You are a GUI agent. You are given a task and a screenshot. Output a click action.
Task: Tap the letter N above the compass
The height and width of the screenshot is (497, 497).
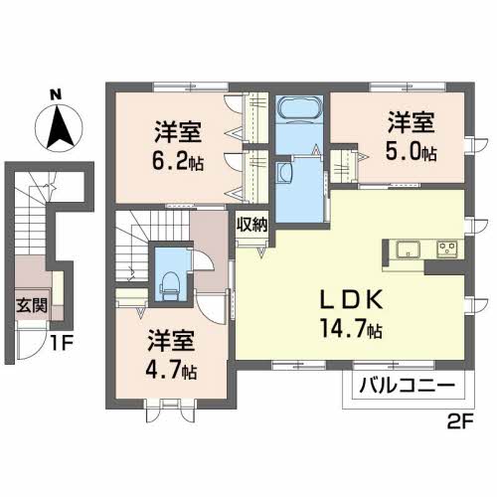[x=58, y=95]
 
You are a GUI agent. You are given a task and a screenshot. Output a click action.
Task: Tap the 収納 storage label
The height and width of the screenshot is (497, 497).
[x=251, y=224]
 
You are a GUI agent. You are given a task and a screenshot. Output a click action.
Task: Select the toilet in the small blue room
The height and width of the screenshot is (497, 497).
[x=169, y=277]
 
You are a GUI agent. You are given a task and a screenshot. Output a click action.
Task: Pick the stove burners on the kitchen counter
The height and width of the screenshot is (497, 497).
[x=445, y=248]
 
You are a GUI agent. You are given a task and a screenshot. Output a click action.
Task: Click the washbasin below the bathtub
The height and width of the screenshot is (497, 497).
[x=285, y=172]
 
